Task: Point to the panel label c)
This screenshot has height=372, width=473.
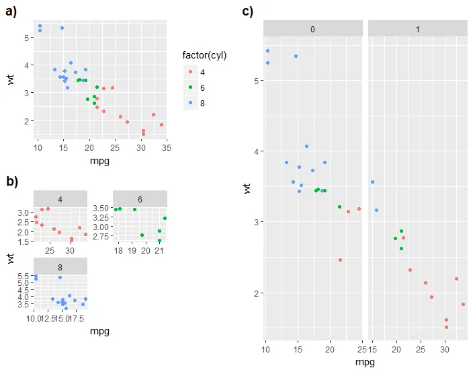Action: pyautogui.click(x=247, y=11)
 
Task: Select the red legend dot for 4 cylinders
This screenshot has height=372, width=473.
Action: pyautogui.click(x=191, y=71)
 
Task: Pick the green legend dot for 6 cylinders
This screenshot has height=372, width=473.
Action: pyautogui.click(x=191, y=87)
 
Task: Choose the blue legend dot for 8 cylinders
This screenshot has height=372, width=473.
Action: pyautogui.click(x=191, y=102)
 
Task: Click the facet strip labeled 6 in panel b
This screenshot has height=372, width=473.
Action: pyautogui.click(x=140, y=199)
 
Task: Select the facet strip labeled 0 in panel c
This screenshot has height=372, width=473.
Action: pyautogui.click(x=313, y=28)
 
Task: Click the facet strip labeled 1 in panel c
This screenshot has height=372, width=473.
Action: pyautogui.click(x=417, y=28)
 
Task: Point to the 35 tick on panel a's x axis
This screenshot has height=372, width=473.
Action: pyautogui.click(x=165, y=147)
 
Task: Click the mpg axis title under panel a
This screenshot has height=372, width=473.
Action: pyautogui.click(x=99, y=161)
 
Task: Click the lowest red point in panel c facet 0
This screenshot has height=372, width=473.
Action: pyautogui.click(x=340, y=260)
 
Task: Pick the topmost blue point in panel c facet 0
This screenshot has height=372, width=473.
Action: pyautogui.click(x=267, y=50)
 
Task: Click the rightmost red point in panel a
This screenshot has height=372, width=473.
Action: pyautogui.click(x=161, y=124)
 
